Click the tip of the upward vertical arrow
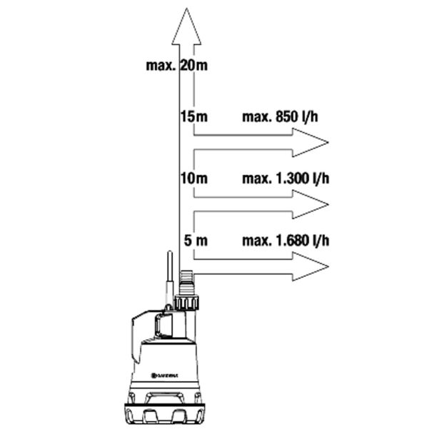click(186, 9)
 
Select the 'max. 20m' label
click(177, 66)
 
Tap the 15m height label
click(194, 116)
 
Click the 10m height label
click(194, 178)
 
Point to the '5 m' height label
click(196, 241)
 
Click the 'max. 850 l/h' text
click(280, 116)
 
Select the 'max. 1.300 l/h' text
click(286, 178)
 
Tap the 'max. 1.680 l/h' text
click(286, 241)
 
